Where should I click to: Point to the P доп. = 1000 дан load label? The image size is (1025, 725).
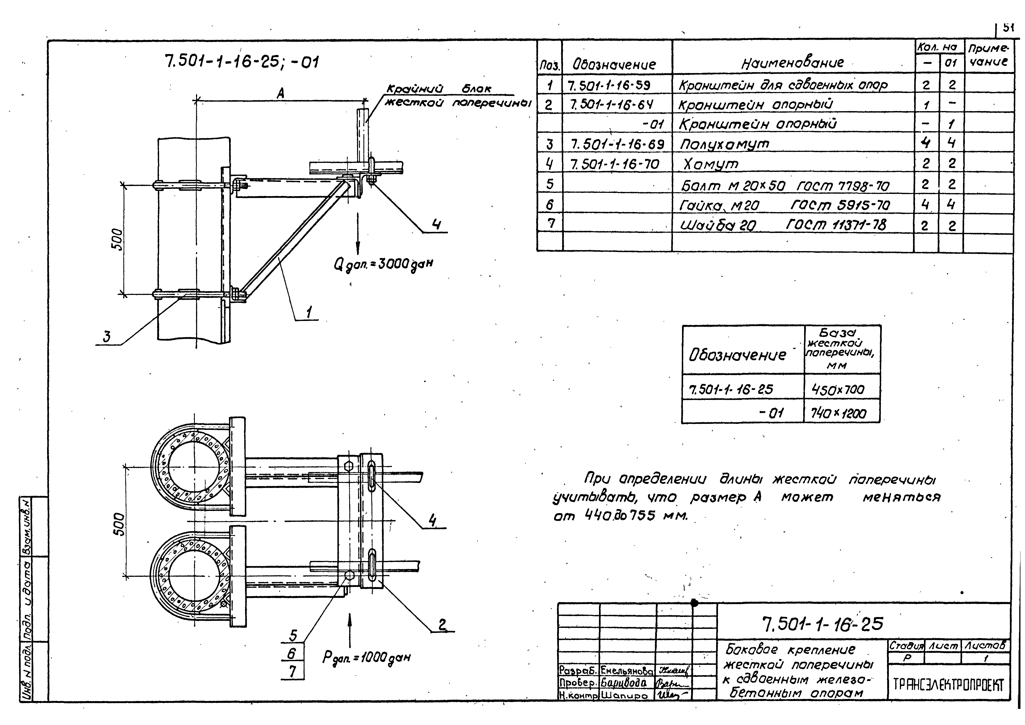coord(366,657)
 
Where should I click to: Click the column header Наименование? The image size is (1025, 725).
coord(792,63)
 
